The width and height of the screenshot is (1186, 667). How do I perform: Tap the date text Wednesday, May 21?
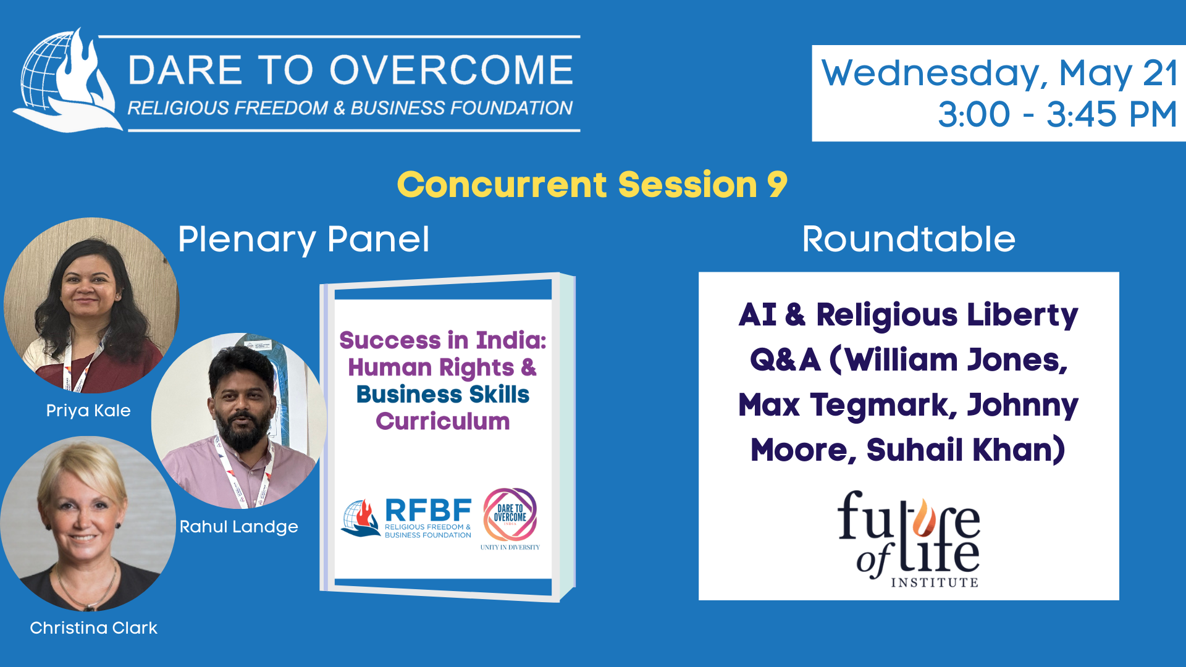[x=999, y=73]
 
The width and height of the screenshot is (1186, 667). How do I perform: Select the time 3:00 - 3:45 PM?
[x=1058, y=114]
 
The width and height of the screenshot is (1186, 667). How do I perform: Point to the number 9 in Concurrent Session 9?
[x=777, y=184]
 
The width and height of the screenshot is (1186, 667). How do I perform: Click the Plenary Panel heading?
[x=303, y=240]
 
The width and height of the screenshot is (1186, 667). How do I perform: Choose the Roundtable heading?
[x=909, y=239]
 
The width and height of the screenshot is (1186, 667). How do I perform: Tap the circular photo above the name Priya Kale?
[x=91, y=305]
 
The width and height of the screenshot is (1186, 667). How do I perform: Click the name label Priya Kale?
[x=88, y=411]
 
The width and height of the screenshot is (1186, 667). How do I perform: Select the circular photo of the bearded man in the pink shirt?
[x=239, y=421]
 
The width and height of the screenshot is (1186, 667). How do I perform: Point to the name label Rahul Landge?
[x=238, y=527]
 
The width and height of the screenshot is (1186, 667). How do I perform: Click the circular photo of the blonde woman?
[x=88, y=524]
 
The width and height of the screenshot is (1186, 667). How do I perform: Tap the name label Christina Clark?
[x=93, y=628]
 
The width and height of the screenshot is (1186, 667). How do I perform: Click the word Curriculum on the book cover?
[x=443, y=421]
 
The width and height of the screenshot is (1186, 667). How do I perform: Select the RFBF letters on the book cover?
[x=428, y=510]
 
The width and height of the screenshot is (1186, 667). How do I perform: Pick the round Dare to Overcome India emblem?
[x=510, y=514]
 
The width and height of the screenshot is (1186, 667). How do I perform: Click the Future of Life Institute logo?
[x=909, y=539]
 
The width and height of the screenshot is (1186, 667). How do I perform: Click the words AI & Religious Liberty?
[x=909, y=315]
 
